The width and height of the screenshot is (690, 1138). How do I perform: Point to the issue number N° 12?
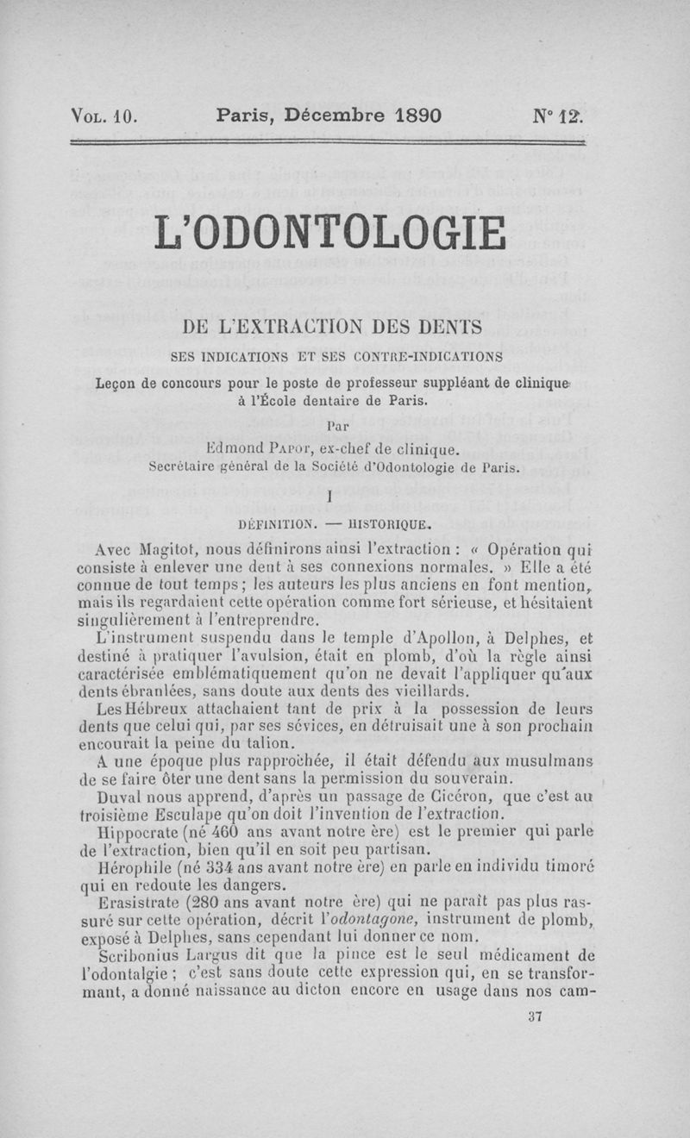[559, 116]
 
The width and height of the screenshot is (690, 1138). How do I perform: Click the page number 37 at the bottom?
[533, 1016]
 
